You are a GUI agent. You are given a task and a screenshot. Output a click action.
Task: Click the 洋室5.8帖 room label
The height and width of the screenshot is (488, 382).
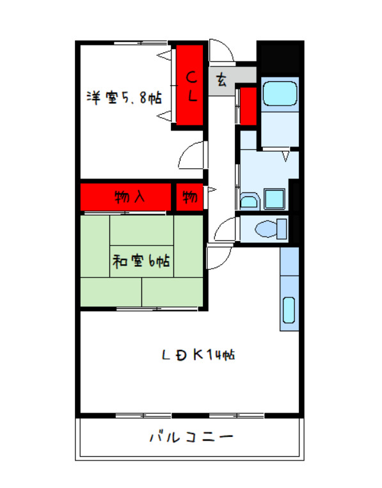point(124,98)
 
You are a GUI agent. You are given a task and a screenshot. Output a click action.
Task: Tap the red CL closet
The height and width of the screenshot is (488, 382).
point(191,86)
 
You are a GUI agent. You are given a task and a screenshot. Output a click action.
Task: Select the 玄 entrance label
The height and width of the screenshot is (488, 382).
point(221,81)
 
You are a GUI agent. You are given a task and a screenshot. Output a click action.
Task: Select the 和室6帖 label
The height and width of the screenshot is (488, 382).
point(141,262)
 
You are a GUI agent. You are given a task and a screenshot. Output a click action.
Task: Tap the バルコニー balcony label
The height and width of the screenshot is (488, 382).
point(191,439)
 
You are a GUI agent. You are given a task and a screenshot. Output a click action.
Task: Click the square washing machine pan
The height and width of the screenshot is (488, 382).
point(275,198)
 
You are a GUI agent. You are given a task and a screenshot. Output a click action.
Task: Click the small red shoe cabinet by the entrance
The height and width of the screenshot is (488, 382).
point(248,105)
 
